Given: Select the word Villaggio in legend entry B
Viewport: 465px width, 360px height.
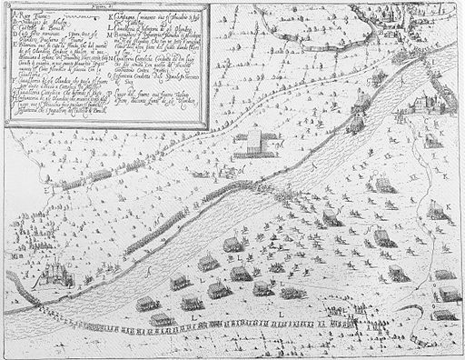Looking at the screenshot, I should (x=25, y=19).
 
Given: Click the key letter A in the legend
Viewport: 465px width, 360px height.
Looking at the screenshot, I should (x=8, y=12).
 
